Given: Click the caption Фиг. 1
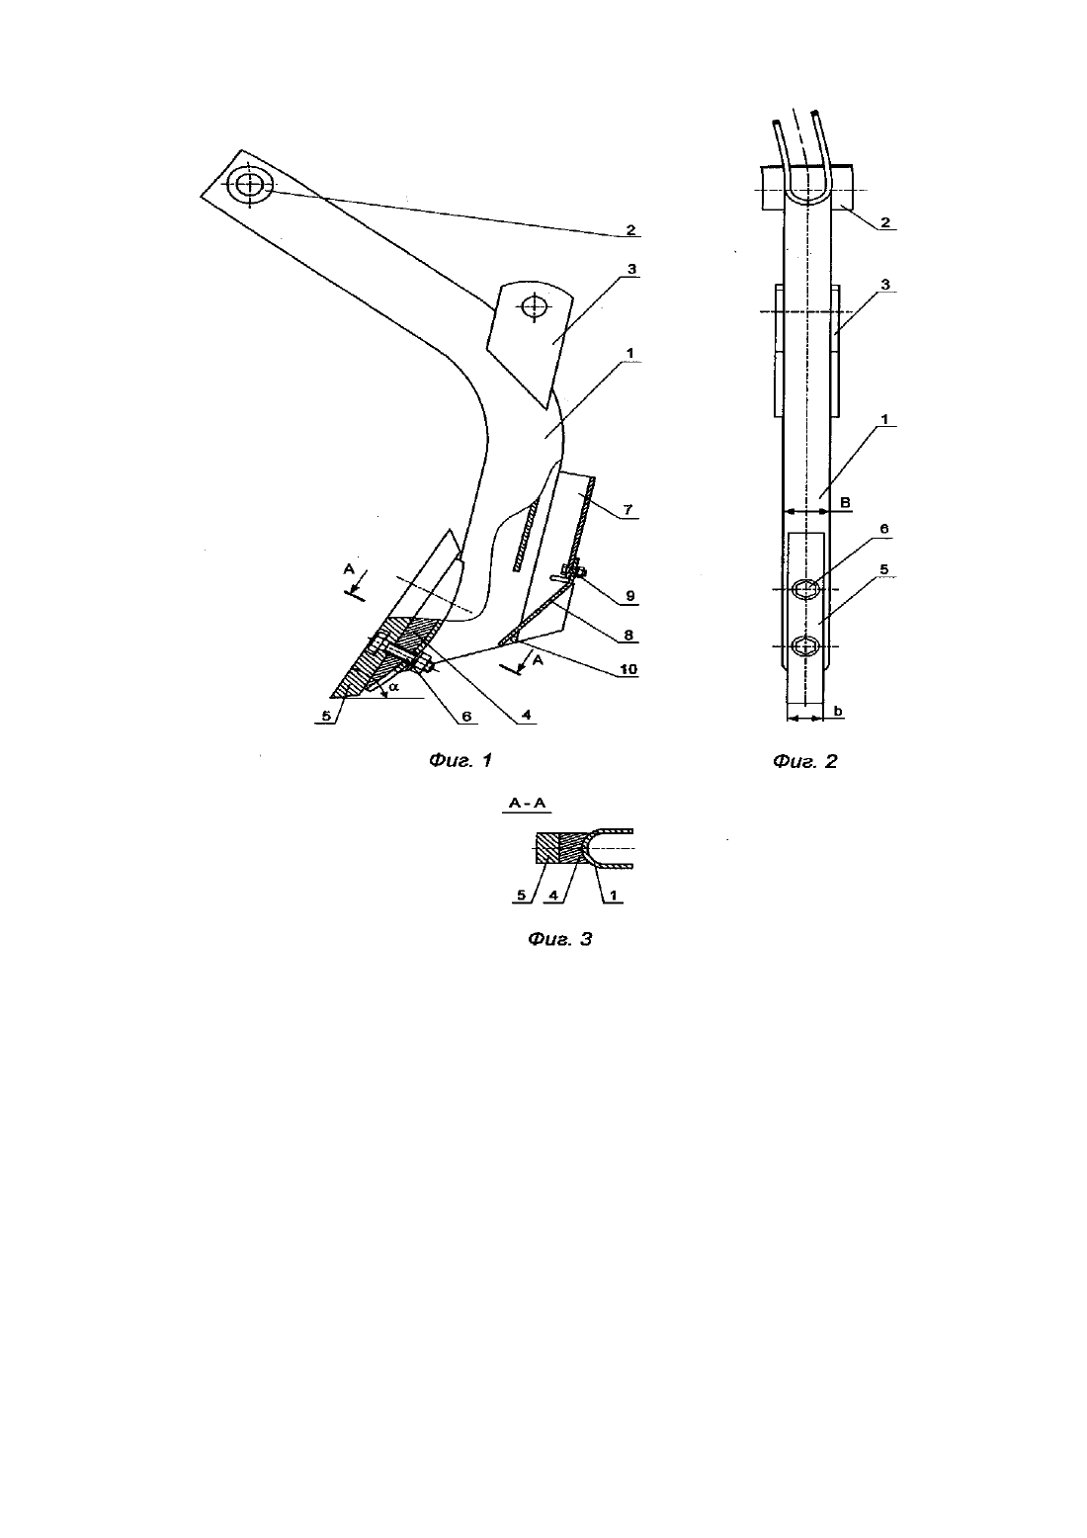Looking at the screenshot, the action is (460, 760).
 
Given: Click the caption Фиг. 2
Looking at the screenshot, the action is (805, 761).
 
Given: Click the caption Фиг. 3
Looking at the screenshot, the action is (559, 939).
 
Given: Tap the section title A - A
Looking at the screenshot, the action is (527, 803).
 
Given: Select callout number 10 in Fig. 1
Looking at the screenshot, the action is (628, 669).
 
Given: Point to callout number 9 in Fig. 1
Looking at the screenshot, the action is (630, 597).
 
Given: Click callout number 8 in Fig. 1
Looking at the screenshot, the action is (628, 636).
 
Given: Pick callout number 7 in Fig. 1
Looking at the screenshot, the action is (627, 510).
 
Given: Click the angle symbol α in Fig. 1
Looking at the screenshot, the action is (394, 686).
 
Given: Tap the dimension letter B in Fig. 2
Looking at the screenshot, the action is (846, 502).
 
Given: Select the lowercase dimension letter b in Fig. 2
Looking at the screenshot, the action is (838, 711).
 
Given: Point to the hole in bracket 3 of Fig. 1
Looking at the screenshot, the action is (534, 306).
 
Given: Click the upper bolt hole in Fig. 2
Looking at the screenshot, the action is (806, 589).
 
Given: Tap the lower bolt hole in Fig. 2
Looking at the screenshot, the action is (806, 646).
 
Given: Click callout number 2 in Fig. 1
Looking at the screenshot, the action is (630, 230).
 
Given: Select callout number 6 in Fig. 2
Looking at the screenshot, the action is (883, 529).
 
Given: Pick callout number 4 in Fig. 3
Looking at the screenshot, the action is (553, 896).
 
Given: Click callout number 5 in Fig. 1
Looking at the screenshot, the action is (327, 717).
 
